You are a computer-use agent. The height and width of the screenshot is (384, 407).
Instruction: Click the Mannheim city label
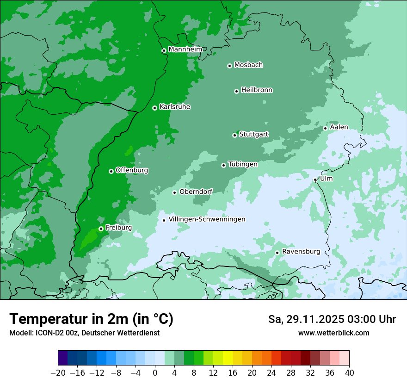coord(185,50)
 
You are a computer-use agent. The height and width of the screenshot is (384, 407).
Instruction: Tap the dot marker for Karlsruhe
coord(154,108)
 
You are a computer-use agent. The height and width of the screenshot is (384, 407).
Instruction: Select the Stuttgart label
coord(253,134)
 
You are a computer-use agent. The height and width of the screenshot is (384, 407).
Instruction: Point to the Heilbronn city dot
coord(236,91)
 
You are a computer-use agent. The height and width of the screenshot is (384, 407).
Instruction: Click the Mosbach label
coord(248,65)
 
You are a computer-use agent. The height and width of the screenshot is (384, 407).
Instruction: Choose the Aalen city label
coord(339,127)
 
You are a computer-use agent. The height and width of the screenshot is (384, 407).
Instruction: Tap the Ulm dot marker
coord(315,180)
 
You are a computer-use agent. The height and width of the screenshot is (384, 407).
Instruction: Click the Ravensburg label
coord(301,252)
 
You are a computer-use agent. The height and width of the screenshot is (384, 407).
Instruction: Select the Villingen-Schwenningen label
coord(207,219)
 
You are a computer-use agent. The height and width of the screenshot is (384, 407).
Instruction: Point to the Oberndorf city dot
coord(174,192)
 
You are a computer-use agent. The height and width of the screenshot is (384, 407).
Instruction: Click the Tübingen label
coord(243,164)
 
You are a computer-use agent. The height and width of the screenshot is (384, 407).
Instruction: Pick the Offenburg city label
coord(132,170)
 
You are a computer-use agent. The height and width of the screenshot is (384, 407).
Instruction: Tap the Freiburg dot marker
coord(101,229)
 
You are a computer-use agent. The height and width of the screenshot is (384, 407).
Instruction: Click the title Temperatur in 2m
coord(91,319)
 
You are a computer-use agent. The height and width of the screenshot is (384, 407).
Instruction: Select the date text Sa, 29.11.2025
coord(306,319)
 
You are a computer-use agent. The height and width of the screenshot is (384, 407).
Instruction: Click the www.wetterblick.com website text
coord(333,333)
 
